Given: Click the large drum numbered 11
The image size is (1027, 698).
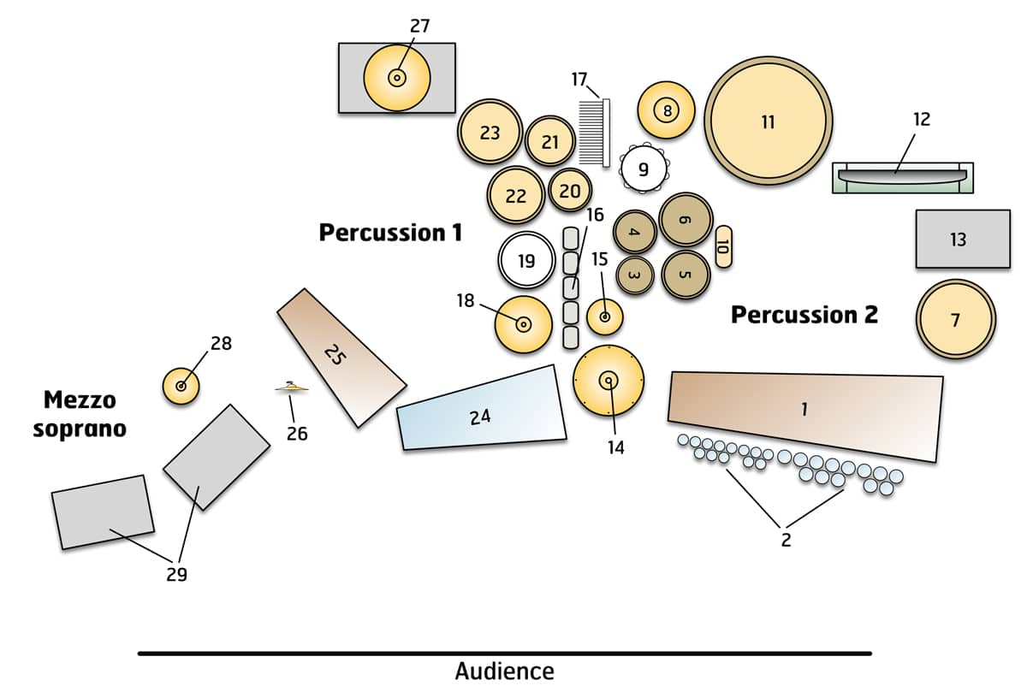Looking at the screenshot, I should pos(768,121).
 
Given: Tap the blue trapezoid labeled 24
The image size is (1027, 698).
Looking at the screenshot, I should pos(482,411).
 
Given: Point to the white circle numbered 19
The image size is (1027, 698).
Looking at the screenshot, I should pos(526,260).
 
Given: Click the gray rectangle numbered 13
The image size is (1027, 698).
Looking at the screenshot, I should pos(963,239).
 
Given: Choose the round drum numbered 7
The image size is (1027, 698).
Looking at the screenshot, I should pos(956,320).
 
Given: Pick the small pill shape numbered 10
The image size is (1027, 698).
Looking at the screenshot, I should pos(722,247).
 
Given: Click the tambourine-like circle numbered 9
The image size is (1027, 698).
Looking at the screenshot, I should pos(644,169).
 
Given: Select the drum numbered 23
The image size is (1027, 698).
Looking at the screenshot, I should pos(490,133).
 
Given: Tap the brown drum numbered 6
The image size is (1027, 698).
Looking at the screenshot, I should pos(686,219).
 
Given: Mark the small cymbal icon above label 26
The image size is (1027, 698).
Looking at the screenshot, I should pos(292,388).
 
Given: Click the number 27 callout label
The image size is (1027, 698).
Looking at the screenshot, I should pos(419,26).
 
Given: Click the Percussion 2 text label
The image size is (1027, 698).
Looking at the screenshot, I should pos(804,315).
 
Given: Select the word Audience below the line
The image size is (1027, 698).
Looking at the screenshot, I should pos(504,671).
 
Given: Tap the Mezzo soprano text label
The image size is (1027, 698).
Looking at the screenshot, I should pos(80,413).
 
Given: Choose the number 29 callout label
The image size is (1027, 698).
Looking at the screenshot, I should pos(176,575).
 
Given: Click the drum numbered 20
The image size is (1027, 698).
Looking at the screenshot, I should pos(570,191).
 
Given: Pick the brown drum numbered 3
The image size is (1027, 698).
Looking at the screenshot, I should pos(634,275).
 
